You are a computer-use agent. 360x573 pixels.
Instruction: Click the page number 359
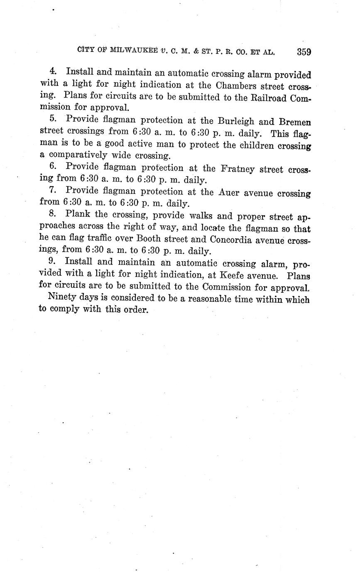tap(304, 52)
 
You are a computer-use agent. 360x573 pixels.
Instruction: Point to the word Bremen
tap(295, 122)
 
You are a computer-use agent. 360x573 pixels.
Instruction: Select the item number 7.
tap(52, 191)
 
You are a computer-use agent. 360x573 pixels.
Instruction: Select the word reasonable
tap(214, 299)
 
